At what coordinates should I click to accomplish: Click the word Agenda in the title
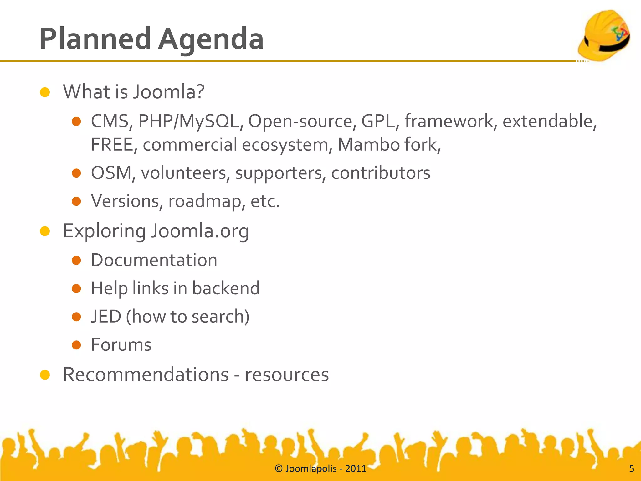[x=211, y=39]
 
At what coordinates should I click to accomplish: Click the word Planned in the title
[x=95, y=39]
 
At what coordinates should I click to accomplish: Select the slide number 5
[x=631, y=468]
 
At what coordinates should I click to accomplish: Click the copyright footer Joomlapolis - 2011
[x=320, y=468]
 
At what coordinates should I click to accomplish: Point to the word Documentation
[x=154, y=260]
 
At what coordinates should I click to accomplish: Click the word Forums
[x=121, y=345]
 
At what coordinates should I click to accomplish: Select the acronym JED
[x=106, y=316]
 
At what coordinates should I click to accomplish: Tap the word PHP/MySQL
[x=189, y=121]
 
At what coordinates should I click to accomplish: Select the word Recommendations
[x=146, y=374]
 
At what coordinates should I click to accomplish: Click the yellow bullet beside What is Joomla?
[x=45, y=92]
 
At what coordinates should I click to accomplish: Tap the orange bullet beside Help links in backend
[x=76, y=288]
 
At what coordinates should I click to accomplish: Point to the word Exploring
[x=104, y=231]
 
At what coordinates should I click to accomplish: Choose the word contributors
[x=381, y=173]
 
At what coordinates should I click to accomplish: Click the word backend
[x=226, y=288]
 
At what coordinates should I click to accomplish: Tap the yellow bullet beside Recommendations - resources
[x=45, y=375]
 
